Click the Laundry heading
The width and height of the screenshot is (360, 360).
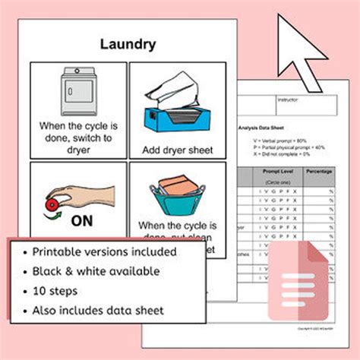point(128,44)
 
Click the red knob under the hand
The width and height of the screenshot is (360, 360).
point(53,205)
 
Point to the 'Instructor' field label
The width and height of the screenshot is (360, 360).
point(289,99)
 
